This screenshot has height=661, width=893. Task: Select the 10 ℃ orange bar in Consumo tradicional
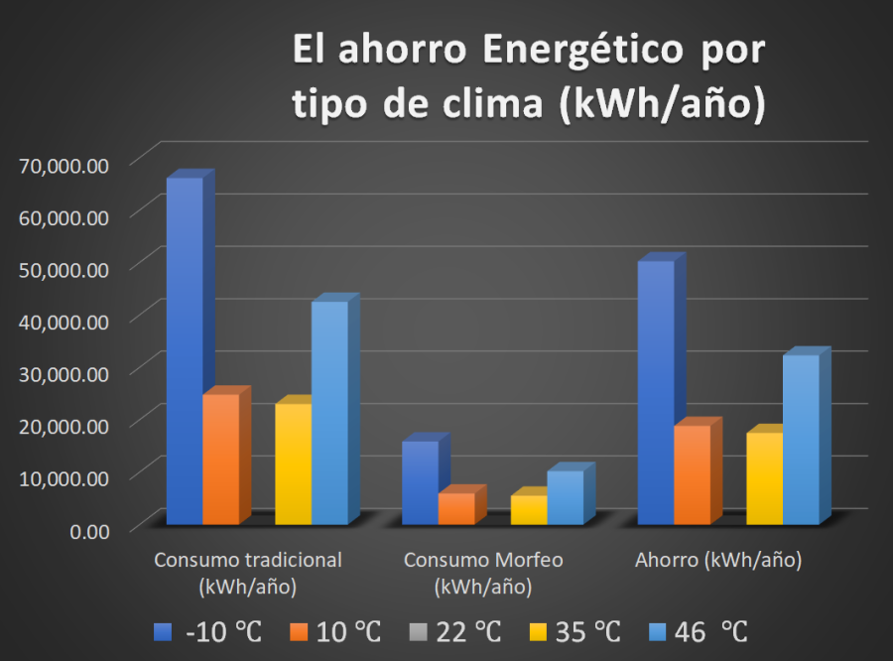220,459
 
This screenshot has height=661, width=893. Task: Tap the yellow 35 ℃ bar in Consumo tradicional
293,463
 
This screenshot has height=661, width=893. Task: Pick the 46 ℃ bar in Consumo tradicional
329,412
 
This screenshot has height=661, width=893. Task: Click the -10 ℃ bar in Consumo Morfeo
420,482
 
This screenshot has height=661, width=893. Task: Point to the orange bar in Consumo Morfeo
456,508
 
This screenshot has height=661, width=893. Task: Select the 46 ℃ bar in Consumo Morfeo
565,497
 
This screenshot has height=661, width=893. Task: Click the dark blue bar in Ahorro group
655,392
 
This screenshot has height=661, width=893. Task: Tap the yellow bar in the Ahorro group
764,478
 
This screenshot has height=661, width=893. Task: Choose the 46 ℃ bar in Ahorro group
801,439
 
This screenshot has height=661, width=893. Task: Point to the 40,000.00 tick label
64,321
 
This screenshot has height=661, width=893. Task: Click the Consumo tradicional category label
248,573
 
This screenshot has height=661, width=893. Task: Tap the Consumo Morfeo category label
483,573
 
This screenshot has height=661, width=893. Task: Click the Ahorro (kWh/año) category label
718,561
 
